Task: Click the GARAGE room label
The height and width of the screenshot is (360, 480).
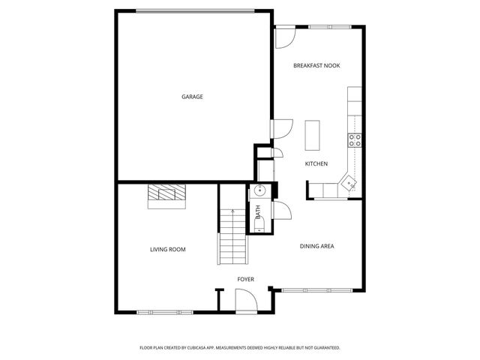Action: (192, 97)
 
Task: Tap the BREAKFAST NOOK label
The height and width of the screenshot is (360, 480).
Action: (316, 66)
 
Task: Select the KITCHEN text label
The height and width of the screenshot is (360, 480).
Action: (316, 163)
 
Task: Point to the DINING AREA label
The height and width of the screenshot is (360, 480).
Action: (316, 246)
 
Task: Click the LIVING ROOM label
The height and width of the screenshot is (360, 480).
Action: (167, 249)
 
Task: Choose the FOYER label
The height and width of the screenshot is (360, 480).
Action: (245, 279)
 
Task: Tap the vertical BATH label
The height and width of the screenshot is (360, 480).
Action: (257, 212)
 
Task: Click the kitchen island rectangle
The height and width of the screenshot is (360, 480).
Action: (311, 134)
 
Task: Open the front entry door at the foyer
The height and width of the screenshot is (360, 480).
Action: (245, 302)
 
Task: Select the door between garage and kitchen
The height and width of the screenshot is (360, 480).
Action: (278, 129)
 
